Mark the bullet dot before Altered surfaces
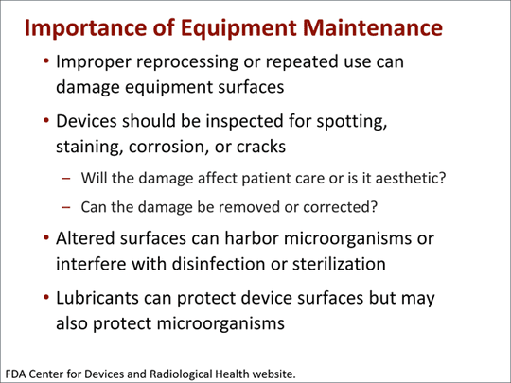pos(46,239)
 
